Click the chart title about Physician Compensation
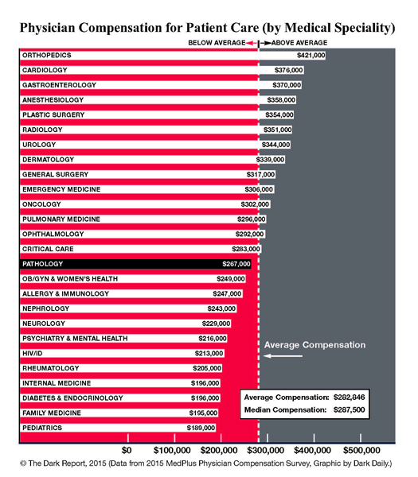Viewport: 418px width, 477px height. click(209, 27)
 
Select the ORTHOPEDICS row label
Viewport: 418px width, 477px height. click(48, 56)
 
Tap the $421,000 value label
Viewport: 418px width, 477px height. click(311, 56)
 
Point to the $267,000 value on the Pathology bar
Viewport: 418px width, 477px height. click(236, 264)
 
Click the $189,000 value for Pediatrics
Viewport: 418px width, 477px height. click(200, 428)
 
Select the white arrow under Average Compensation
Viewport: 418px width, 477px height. click(283, 356)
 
